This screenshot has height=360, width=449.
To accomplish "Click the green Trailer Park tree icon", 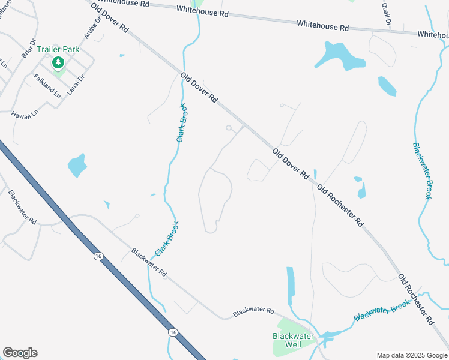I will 58,62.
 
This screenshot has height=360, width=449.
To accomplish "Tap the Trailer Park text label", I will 58,49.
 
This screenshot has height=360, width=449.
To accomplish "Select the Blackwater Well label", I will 293,340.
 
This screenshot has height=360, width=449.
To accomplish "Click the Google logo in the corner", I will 20,353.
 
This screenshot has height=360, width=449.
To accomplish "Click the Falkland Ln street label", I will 47,86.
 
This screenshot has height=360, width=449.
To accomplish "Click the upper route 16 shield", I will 98,256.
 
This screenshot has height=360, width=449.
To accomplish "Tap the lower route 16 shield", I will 173,332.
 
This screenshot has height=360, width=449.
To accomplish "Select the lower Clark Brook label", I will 167,240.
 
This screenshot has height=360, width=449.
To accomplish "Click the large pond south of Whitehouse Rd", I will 340,56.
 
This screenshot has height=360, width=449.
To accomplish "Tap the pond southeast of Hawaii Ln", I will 77,164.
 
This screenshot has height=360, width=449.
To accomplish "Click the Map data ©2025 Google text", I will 412,355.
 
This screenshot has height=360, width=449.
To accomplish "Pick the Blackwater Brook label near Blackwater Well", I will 382,311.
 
